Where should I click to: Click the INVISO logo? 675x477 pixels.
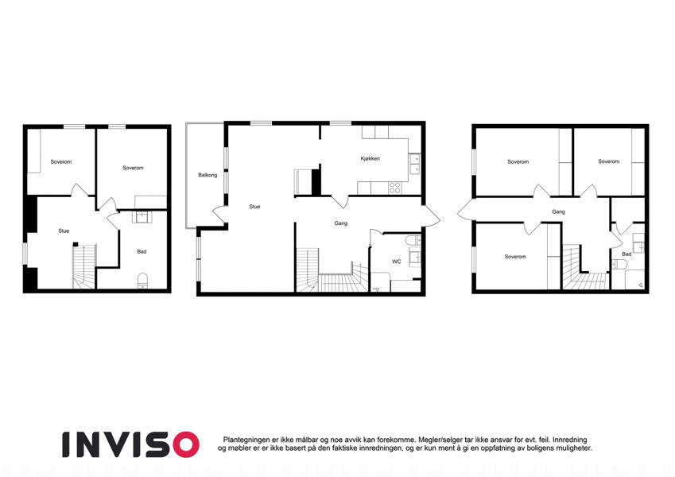coord(130,444)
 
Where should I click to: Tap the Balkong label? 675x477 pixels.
coord(208,175)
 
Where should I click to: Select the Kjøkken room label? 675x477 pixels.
coord(370,158)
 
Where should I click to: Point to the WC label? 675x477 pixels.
coord(397,262)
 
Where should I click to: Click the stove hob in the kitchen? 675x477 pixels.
coord(395,188)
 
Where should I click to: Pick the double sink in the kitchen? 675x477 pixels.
coord(414,164)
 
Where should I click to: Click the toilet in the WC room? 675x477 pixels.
coord(413,240)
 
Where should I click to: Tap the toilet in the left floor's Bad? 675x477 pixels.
coord(142,281)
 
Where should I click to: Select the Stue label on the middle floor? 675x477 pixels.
coord(254,207)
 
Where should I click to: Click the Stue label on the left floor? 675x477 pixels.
coord(64,231)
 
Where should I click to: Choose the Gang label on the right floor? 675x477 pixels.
coord(558,211)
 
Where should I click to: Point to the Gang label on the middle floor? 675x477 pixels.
coord(341,223)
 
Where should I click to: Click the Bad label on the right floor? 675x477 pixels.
coord(627,254)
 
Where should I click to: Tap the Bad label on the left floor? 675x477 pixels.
coord(142,251)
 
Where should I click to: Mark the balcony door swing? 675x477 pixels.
coord(219,214)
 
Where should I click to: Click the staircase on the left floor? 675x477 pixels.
coord(84,266)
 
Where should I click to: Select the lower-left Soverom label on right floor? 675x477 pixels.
coord(515,257)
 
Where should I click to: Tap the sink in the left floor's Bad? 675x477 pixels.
coord(142,217)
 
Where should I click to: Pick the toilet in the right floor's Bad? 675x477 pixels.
coord(618,264)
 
